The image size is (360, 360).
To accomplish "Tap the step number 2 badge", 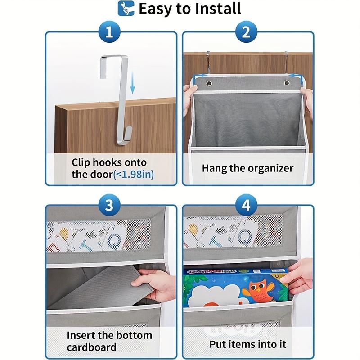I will pos(246,33).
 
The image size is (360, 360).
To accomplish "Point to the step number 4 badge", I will pos(246,206).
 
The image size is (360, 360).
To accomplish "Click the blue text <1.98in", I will pos(134,174).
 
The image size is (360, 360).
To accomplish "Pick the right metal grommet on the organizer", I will pos(287,84).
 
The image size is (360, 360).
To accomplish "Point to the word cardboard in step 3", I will pos(92,347).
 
